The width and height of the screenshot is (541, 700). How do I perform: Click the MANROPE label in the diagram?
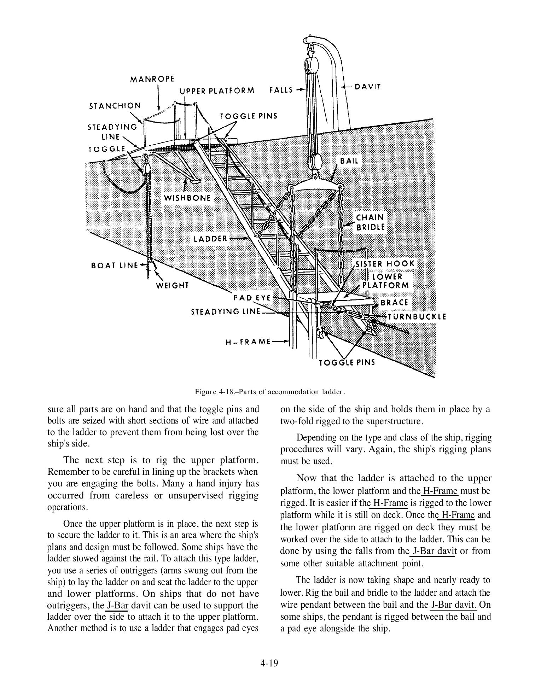coord(152,79)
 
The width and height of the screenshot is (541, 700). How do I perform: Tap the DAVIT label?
coord(367,87)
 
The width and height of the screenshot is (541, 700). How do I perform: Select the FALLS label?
coord(281,90)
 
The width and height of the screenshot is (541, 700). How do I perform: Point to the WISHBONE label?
coord(187,198)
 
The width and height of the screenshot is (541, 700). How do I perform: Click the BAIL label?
coord(349,161)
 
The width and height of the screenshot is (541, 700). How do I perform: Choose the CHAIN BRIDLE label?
coord(370,222)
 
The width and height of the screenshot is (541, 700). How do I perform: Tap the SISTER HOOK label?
coord(385,264)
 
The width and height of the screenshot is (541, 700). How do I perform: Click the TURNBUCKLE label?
coord(417,316)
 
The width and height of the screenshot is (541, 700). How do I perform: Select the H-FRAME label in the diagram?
coord(248,342)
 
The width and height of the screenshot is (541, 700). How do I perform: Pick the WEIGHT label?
coord(173,285)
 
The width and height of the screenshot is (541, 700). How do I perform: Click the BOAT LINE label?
coord(114,265)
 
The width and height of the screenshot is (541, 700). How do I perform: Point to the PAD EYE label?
coord(252,298)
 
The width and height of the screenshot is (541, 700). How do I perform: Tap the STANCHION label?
coord(115,106)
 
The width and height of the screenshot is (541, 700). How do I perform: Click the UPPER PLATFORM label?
coord(217,91)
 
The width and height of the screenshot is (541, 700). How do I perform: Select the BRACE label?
coord(394,303)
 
